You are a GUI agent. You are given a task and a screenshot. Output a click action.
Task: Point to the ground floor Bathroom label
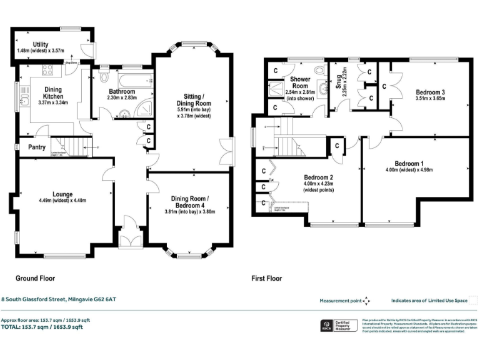point(122,92)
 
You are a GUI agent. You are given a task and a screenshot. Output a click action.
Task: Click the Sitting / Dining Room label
point(193,99)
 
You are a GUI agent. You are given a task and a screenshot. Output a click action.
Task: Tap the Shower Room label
point(300,83)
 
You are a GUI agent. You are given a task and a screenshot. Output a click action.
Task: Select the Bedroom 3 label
point(430,92)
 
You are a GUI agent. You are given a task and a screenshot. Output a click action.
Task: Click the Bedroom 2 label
point(318,177)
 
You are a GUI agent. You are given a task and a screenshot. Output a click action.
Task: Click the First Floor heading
point(266,278)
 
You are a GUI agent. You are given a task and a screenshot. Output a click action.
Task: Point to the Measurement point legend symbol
point(367,300)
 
